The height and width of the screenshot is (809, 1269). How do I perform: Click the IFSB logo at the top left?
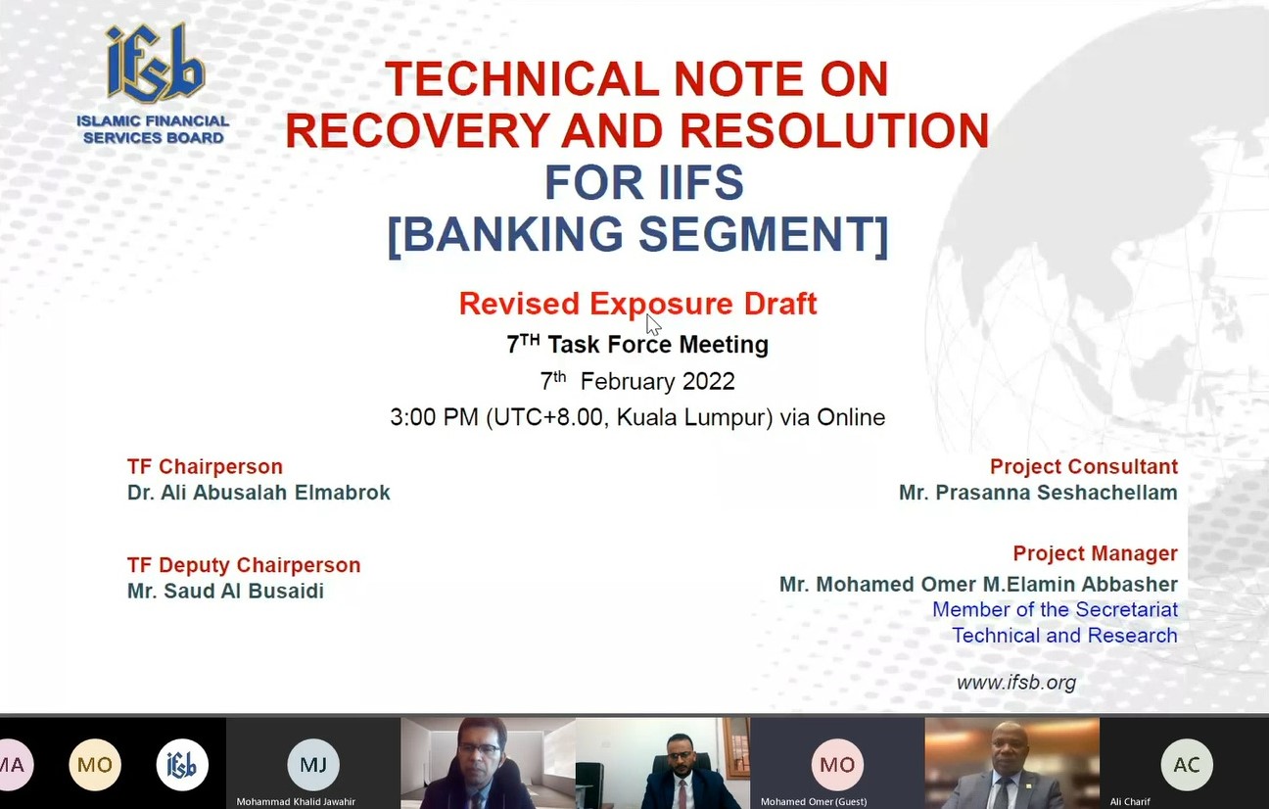pos(154,84)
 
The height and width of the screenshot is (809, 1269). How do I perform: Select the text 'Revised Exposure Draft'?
pos(637,304)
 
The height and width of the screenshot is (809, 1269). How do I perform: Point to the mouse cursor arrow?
pos(653,325)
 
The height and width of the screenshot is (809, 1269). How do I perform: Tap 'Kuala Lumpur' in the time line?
pos(694,417)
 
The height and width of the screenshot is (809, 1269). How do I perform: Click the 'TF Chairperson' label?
pos(205,466)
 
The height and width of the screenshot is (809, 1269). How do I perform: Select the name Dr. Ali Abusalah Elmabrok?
pos(258,493)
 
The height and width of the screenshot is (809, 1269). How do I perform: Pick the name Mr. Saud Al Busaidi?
pos(225,591)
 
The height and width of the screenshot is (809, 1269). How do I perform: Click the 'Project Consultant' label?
pos(1084,466)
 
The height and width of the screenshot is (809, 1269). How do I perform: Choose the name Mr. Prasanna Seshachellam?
pos(1039,493)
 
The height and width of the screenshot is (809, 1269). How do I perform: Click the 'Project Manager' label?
pos(1096,553)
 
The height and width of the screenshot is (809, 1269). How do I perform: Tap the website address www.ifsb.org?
pos(1016,683)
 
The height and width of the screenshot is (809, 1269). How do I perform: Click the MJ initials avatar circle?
pos(313,765)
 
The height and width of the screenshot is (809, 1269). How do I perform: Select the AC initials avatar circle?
pos(1187,765)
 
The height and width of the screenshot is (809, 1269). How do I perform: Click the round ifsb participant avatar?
pos(182,765)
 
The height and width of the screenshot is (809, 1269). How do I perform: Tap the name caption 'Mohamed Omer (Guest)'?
pos(814,801)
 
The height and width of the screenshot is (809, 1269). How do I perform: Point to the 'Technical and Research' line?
pos(1064,636)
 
